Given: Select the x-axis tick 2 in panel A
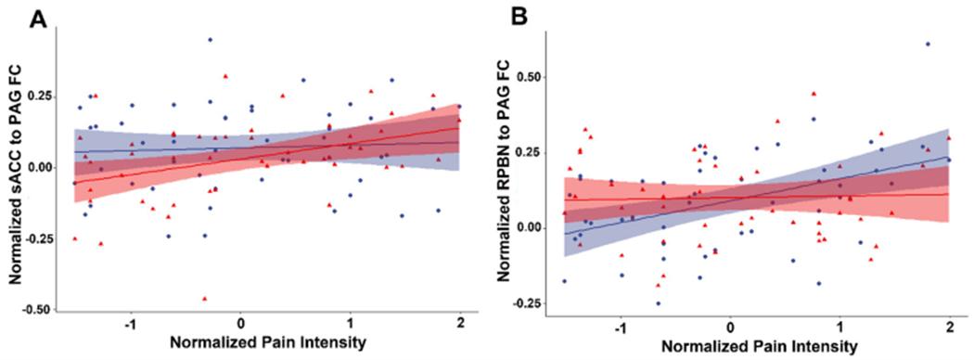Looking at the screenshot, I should [x=459, y=324].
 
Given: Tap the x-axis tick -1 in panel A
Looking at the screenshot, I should [x=130, y=324].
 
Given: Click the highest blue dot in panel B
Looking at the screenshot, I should [x=927, y=45].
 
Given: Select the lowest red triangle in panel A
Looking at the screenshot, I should [x=204, y=299].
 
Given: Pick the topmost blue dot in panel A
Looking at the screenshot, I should [x=210, y=40].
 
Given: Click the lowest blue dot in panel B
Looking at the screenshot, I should [x=658, y=302].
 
